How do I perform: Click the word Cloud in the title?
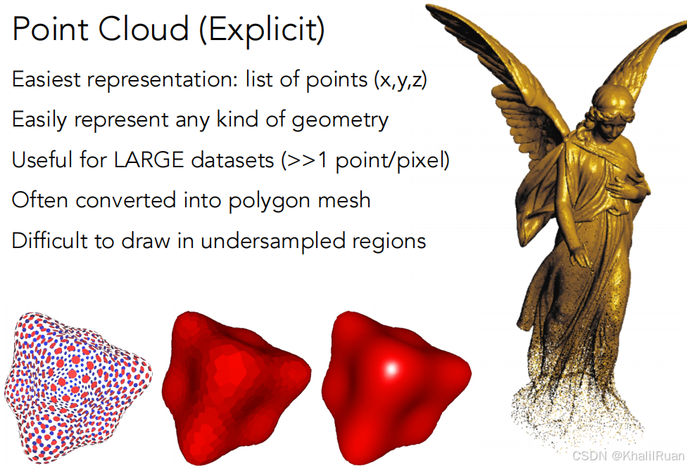pyautogui.click(x=144, y=29)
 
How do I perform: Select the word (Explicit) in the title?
pyautogui.click(x=262, y=31)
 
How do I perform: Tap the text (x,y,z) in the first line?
pyautogui.click(x=401, y=80)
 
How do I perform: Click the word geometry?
pyautogui.click(x=340, y=120)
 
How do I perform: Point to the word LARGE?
pyautogui.click(x=149, y=160)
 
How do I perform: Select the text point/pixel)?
pyautogui.click(x=393, y=160)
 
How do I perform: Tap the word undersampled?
pyautogui.click(x=273, y=242)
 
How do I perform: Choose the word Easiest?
pyautogui.click(x=46, y=79)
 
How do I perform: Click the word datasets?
pyautogui.click(x=233, y=160)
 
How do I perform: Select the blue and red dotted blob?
pyautogui.click(x=78, y=387)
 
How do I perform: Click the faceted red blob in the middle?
pyautogui.click(x=237, y=387)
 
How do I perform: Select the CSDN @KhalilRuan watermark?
pyautogui.click(x=629, y=456)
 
